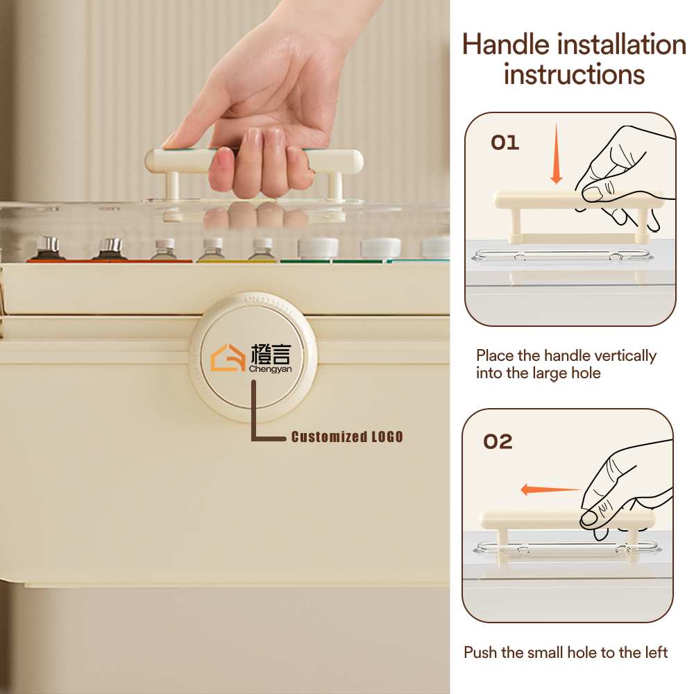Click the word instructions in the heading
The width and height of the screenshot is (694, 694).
click(x=574, y=74)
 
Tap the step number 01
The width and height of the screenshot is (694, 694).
click(x=505, y=142)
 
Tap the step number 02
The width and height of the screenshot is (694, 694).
click(x=498, y=441)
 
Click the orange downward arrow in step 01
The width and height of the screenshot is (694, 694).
click(x=557, y=153)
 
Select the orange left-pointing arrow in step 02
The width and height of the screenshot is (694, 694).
click(x=550, y=489)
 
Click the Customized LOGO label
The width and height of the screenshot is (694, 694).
click(x=347, y=437)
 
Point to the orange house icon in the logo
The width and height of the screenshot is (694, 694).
click(x=228, y=357)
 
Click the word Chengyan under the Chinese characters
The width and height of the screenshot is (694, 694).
click(x=270, y=369)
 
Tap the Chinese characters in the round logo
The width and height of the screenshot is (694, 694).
click(x=271, y=354)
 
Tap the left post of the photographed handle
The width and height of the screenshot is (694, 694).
click(x=173, y=186)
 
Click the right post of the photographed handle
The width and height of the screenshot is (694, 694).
click(x=335, y=186)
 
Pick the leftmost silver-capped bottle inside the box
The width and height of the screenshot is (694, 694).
click(x=47, y=248)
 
